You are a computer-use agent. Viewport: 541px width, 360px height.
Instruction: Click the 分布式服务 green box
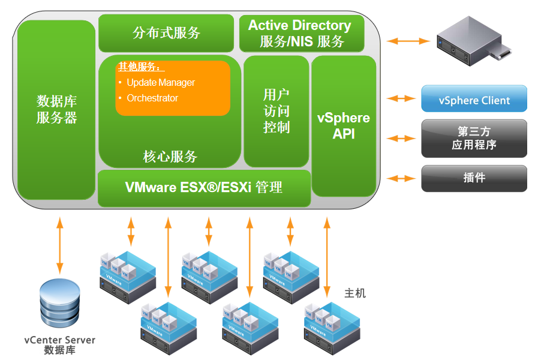click(166, 33)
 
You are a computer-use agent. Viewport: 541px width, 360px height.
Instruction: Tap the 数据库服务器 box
click(56, 109)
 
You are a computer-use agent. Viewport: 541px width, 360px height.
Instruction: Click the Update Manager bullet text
click(161, 83)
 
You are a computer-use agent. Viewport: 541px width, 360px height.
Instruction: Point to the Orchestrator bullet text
click(152, 98)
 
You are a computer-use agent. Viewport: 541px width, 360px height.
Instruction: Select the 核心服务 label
click(170, 157)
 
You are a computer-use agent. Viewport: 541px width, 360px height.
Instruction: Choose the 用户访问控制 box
click(276, 111)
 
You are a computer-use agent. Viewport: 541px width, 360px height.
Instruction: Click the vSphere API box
click(343, 126)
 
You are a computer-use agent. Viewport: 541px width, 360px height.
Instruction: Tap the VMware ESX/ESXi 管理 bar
click(204, 187)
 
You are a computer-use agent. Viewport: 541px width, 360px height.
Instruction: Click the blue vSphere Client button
click(474, 100)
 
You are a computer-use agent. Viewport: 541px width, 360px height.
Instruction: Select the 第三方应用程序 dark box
click(474, 138)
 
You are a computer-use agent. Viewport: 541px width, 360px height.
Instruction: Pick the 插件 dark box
click(474, 178)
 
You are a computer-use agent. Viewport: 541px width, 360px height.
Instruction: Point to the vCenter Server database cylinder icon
click(59, 303)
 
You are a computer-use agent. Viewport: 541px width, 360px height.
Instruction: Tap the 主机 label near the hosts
click(354, 293)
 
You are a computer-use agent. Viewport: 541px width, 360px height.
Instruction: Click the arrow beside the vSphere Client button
click(401, 98)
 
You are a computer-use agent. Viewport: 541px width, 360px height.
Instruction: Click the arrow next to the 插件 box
click(401, 178)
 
